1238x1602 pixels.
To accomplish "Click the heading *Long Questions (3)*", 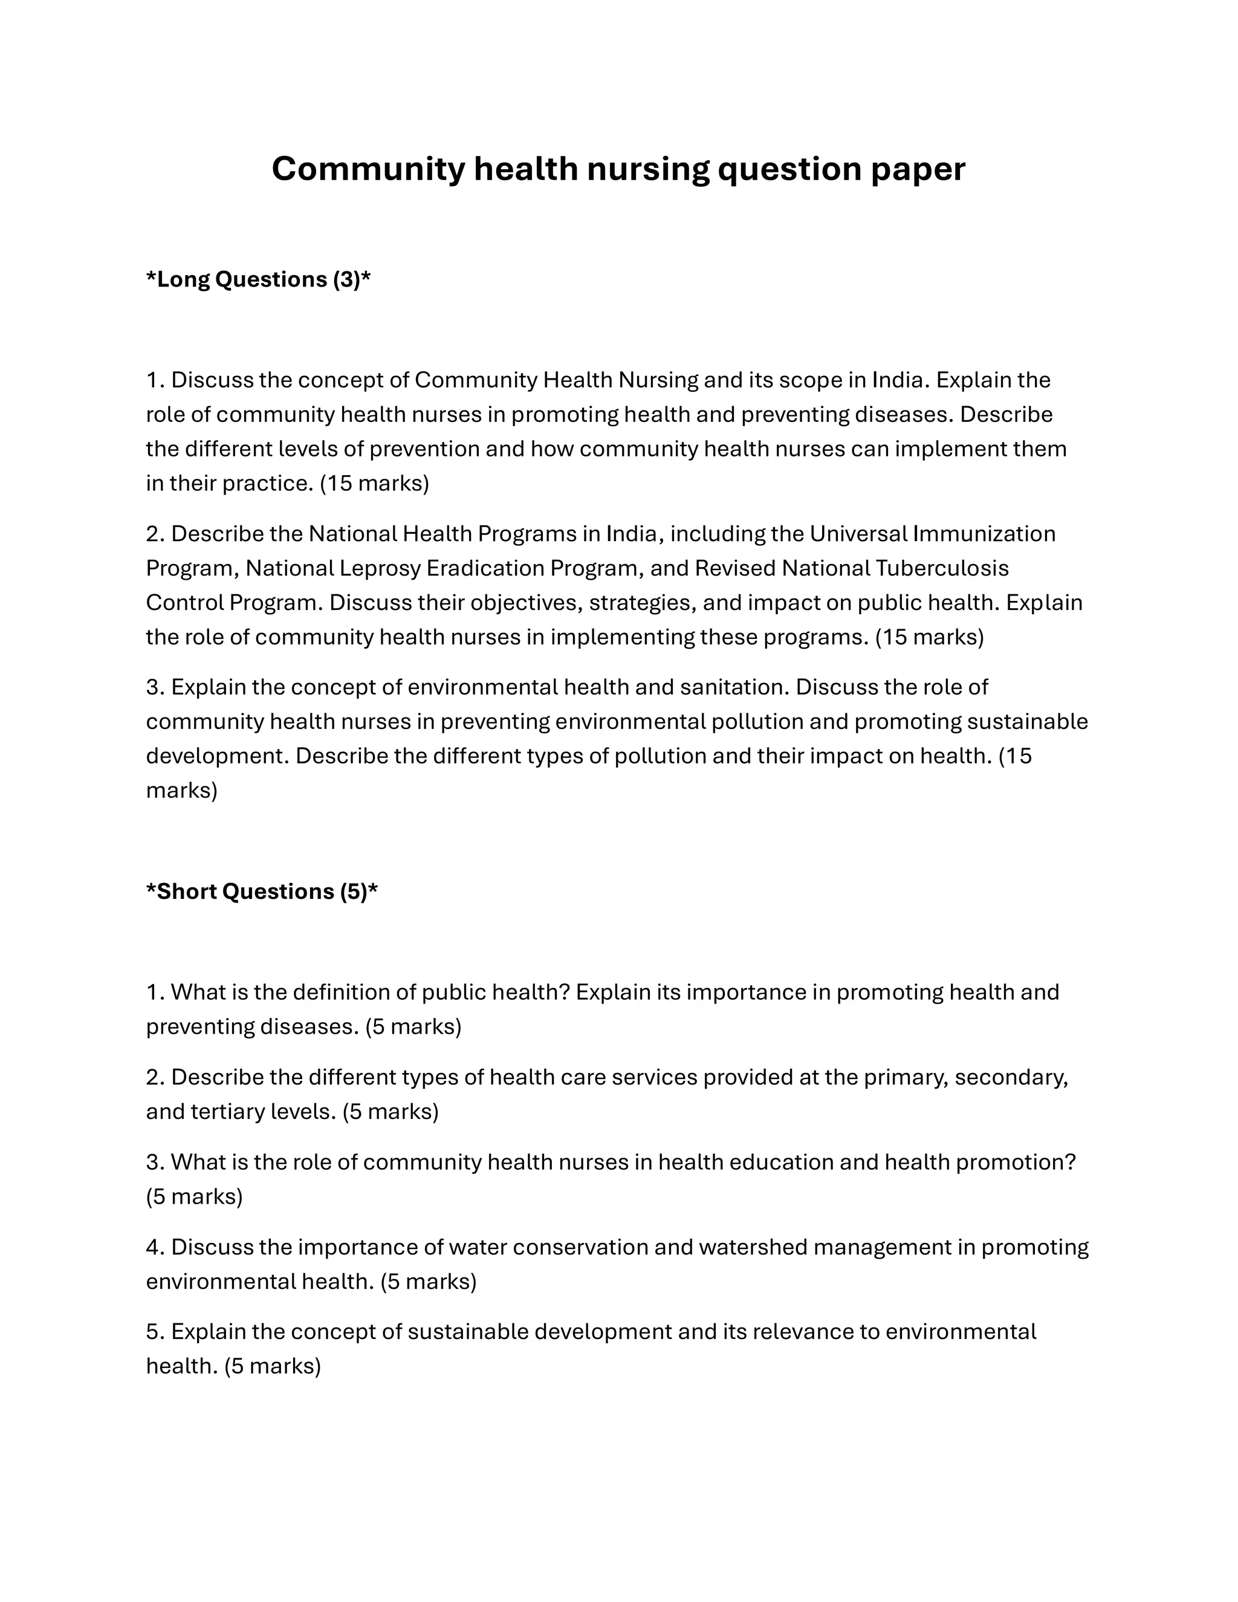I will [258, 279].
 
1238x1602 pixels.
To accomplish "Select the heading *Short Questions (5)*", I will [262, 891].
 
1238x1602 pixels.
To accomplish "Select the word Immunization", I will [984, 533].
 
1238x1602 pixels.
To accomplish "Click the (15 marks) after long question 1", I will [374, 484].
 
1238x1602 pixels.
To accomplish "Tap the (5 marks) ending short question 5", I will [273, 1366].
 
